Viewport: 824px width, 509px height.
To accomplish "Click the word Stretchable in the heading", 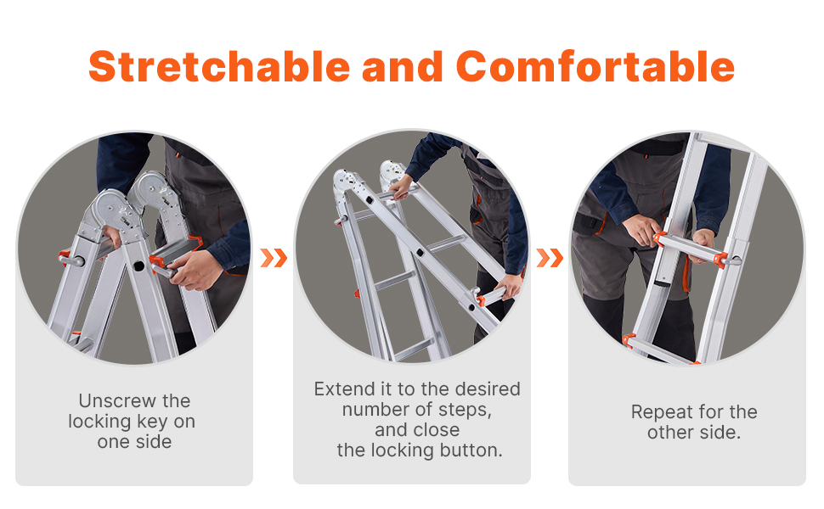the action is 219,67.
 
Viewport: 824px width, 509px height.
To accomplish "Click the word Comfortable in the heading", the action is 595,67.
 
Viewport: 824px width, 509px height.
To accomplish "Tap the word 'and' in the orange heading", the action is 403,67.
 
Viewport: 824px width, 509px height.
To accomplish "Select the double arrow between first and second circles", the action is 274,258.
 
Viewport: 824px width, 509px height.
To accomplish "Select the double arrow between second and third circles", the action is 550,258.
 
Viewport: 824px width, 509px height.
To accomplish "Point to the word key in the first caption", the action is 152,422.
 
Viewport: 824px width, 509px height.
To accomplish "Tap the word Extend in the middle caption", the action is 345,389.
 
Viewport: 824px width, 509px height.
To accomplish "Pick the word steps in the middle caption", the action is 465,410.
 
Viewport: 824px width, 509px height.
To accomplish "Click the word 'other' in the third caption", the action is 670,433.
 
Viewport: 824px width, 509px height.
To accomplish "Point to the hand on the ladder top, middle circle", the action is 400,187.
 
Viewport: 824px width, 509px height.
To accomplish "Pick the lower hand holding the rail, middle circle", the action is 509,287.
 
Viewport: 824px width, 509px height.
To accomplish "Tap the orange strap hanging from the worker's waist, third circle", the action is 686,273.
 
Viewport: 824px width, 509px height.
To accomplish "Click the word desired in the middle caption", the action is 488,389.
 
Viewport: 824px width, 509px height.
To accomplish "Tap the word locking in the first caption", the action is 100,422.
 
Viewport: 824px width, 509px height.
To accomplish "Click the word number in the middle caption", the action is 374,409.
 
